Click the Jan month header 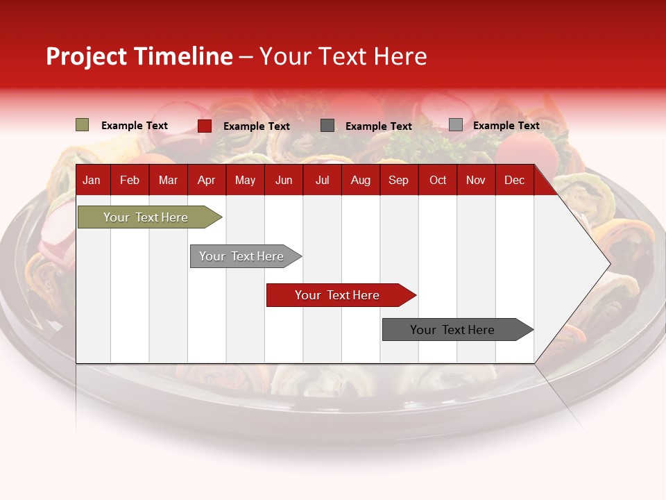(x=92, y=181)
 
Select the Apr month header (x=206, y=181)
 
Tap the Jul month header (x=322, y=181)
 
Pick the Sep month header (x=398, y=181)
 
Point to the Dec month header (x=514, y=181)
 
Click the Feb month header (x=130, y=181)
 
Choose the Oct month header (x=438, y=181)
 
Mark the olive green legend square (x=82, y=125)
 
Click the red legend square (x=205, y=126)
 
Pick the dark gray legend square (x=327, y=126)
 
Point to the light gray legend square (x=455, y=125)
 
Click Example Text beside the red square (x=257, y=126)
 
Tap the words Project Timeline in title (x=139, y=56)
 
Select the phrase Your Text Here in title (x=343, y=56)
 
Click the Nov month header (x=476, y=181)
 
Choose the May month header (x=245, y=181)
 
